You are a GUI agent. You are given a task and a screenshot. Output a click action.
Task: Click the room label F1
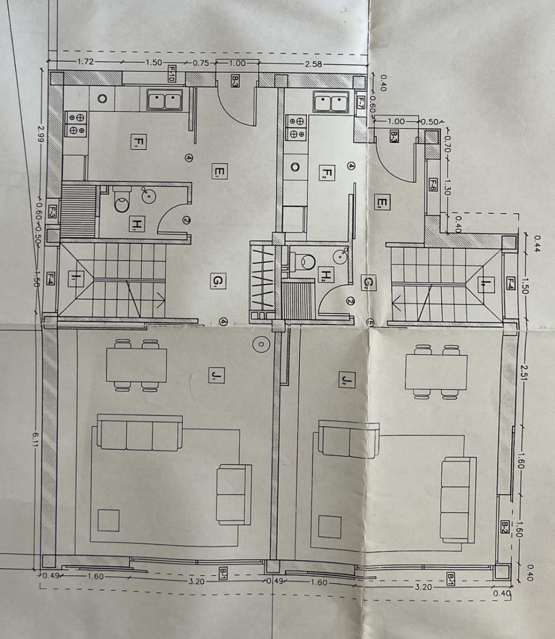coord(137,142)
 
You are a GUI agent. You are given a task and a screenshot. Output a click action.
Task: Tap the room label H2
coord(326,274)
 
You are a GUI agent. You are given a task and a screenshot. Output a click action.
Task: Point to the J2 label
coord(347,379)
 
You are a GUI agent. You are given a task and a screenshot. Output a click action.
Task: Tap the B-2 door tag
coord(504,527)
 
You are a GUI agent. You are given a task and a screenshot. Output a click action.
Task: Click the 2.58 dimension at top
coord(313,64)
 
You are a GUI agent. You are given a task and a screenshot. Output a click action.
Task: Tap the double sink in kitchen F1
coord(165,101)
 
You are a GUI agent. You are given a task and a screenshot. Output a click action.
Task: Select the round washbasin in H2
coord(340,255)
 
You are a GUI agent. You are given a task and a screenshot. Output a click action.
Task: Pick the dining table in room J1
coord(137,365)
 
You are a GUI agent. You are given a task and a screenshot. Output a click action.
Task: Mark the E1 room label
coord(219,171)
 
